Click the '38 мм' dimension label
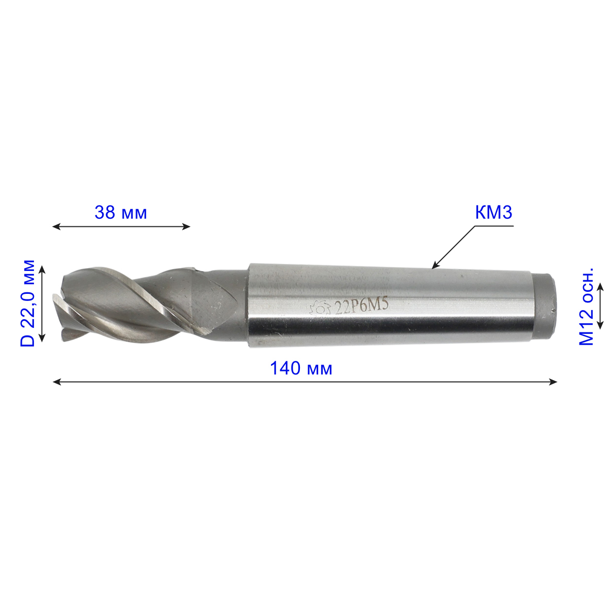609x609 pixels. [x=121, y=213]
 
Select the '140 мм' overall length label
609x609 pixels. [x=301, y=368]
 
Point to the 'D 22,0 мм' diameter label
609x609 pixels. [x=27, y=303]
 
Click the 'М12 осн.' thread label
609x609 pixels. [x=586, y=307]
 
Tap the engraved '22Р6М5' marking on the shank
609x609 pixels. [x=361, y=307]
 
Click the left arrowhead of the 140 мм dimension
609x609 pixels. [x=56, y=382]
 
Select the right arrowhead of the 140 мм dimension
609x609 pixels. [x=553, y=382]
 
